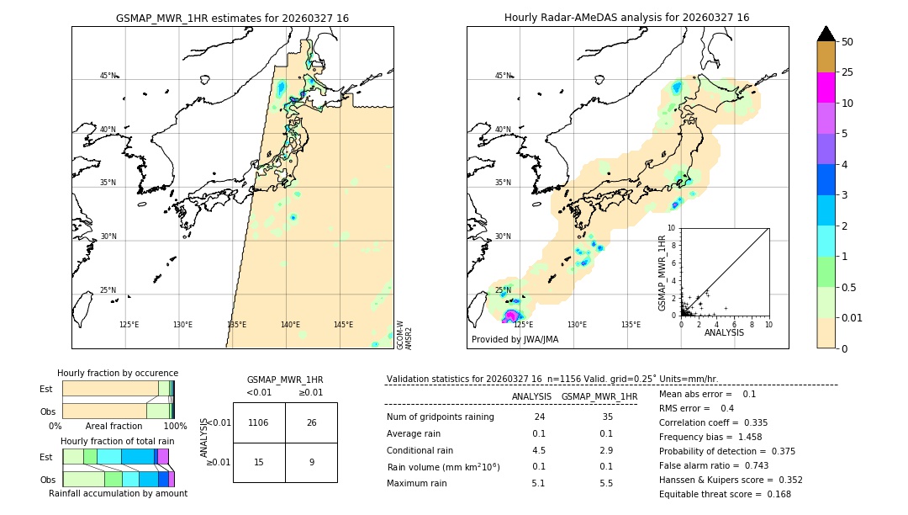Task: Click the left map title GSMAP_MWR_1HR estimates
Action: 232,18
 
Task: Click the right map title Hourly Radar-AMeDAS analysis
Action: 626,18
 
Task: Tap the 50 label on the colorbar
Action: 847,41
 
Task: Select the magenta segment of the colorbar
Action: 826,88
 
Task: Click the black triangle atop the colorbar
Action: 826,34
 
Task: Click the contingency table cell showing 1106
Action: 258,422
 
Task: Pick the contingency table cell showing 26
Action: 311,422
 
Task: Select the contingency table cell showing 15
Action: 258,462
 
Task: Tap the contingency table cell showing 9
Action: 311,462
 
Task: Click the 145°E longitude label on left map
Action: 343,325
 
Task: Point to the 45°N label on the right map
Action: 503,76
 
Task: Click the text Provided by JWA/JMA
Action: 515,340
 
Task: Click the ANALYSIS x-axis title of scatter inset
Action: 724,333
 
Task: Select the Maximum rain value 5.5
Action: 605,483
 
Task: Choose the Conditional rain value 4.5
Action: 538,450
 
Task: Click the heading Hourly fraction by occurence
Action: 118,373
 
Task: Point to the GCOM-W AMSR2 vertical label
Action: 404,333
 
